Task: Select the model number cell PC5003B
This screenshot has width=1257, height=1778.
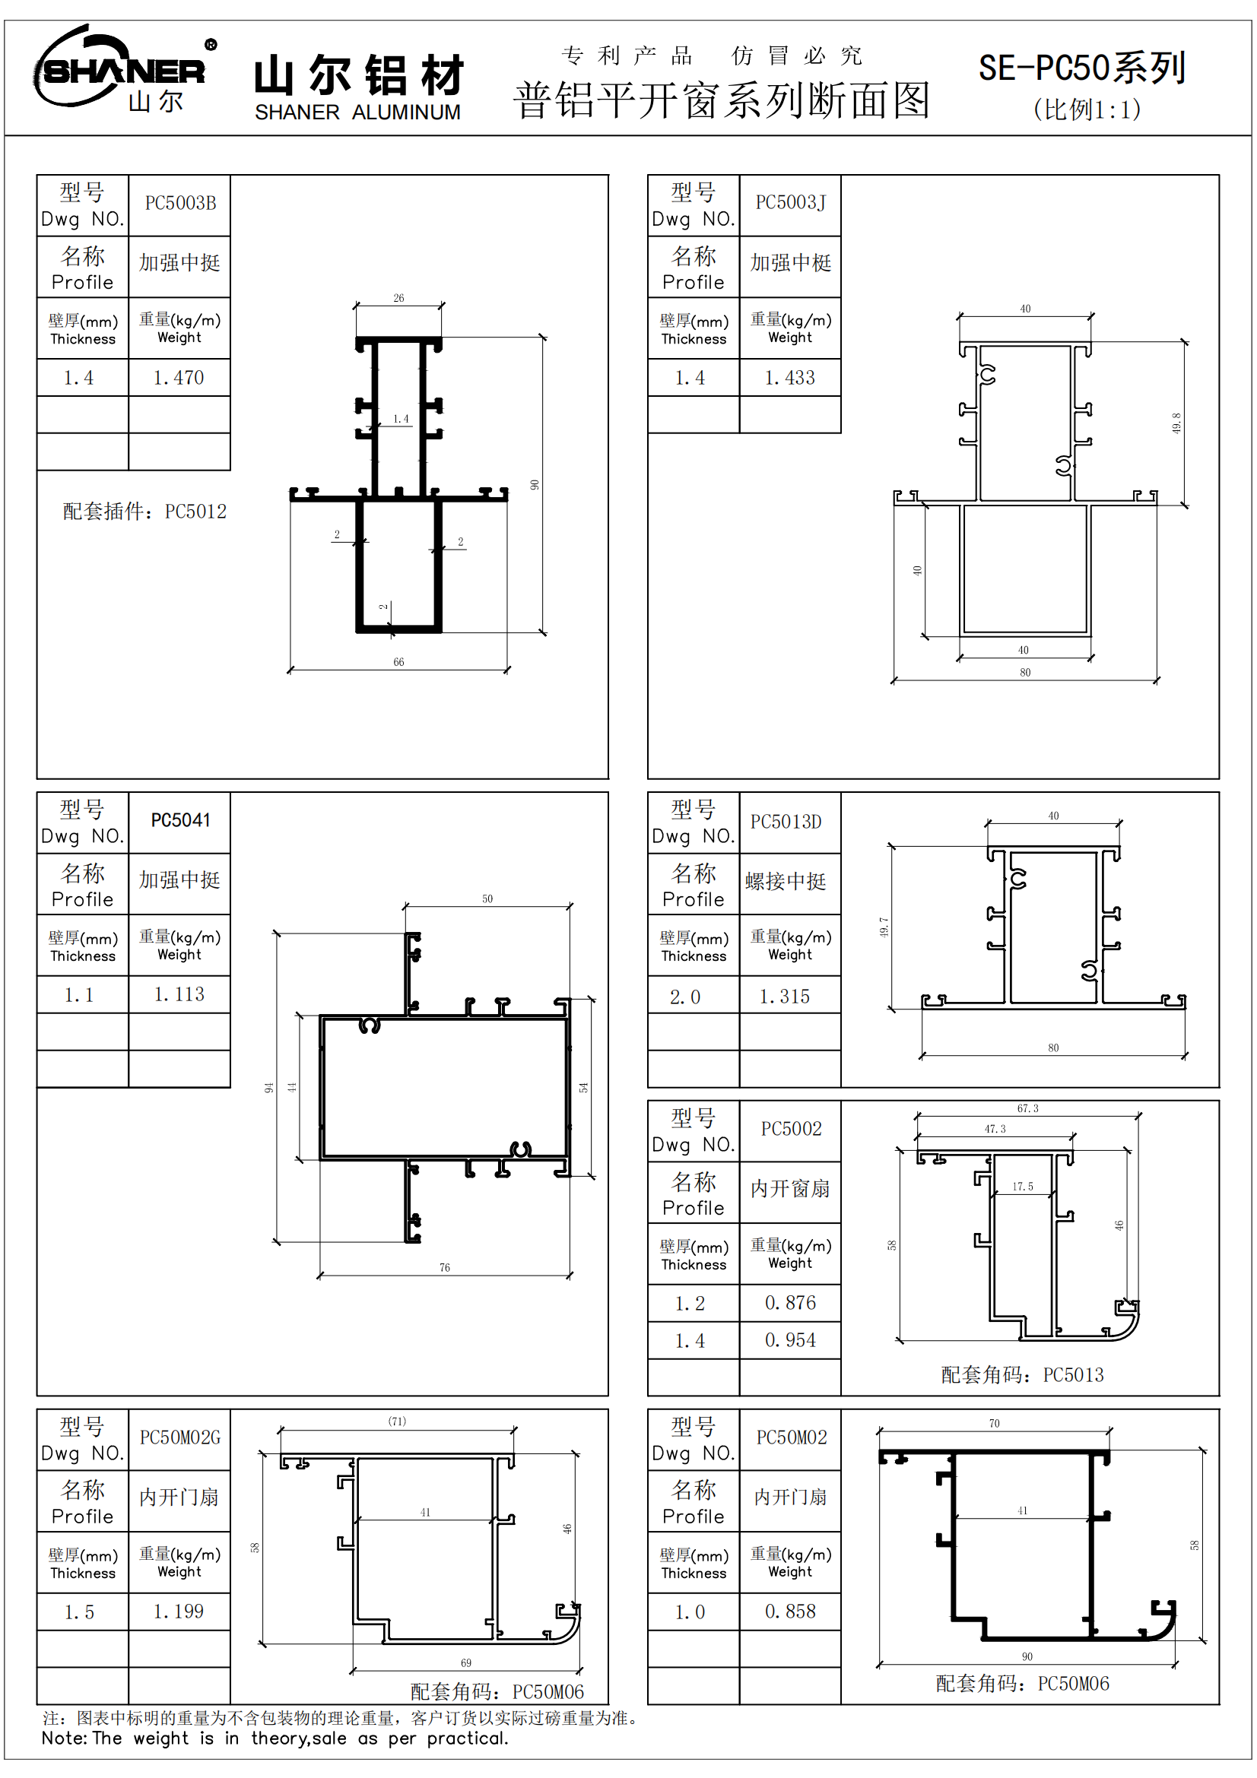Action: pyautogui.click(x=179, y=204)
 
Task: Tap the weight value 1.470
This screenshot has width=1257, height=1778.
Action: pyautogui.click(x=179, y=378)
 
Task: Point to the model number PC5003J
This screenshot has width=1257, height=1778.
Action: pyautogui.click(x=790, y=203)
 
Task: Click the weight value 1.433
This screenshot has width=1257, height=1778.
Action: pyautogui.click(x=789, y=378)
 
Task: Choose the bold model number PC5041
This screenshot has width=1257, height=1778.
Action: pyautogui.click(x=179, y=820)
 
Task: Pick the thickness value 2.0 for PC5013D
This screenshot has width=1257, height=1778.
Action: pyautogui.click(x=684, y=997)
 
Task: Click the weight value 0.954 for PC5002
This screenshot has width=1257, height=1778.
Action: pyautogui.click(x=790, y=1339)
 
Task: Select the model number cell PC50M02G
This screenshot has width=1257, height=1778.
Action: pyautogui.click(x=179, y=1437)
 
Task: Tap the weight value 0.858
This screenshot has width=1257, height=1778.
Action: pyautogui.click(x=790, y=1612)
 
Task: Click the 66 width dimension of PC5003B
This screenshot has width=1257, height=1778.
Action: pyautogui.click(x=398, y=662)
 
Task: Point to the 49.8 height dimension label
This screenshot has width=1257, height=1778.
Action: pyautogui.click(x=1176, y=423)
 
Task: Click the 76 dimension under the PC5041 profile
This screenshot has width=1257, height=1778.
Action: pyautogui.click(x=445, y=1268)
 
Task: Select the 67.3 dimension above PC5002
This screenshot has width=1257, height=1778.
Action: pyautogui.click(x=1028, y=1109)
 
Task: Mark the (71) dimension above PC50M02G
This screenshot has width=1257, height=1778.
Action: pyautogui.click(x=396, y=1421)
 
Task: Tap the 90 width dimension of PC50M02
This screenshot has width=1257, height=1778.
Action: pyautogui.click(x=1027, y=1656)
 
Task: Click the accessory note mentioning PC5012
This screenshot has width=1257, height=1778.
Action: pyautogui.click(x=144, y=511)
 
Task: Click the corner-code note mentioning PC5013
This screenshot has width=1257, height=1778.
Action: pyautogui.click(x=1021, y=1375)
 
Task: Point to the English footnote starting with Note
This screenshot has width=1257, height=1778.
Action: pyautogui.click(x=275, y=1738)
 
